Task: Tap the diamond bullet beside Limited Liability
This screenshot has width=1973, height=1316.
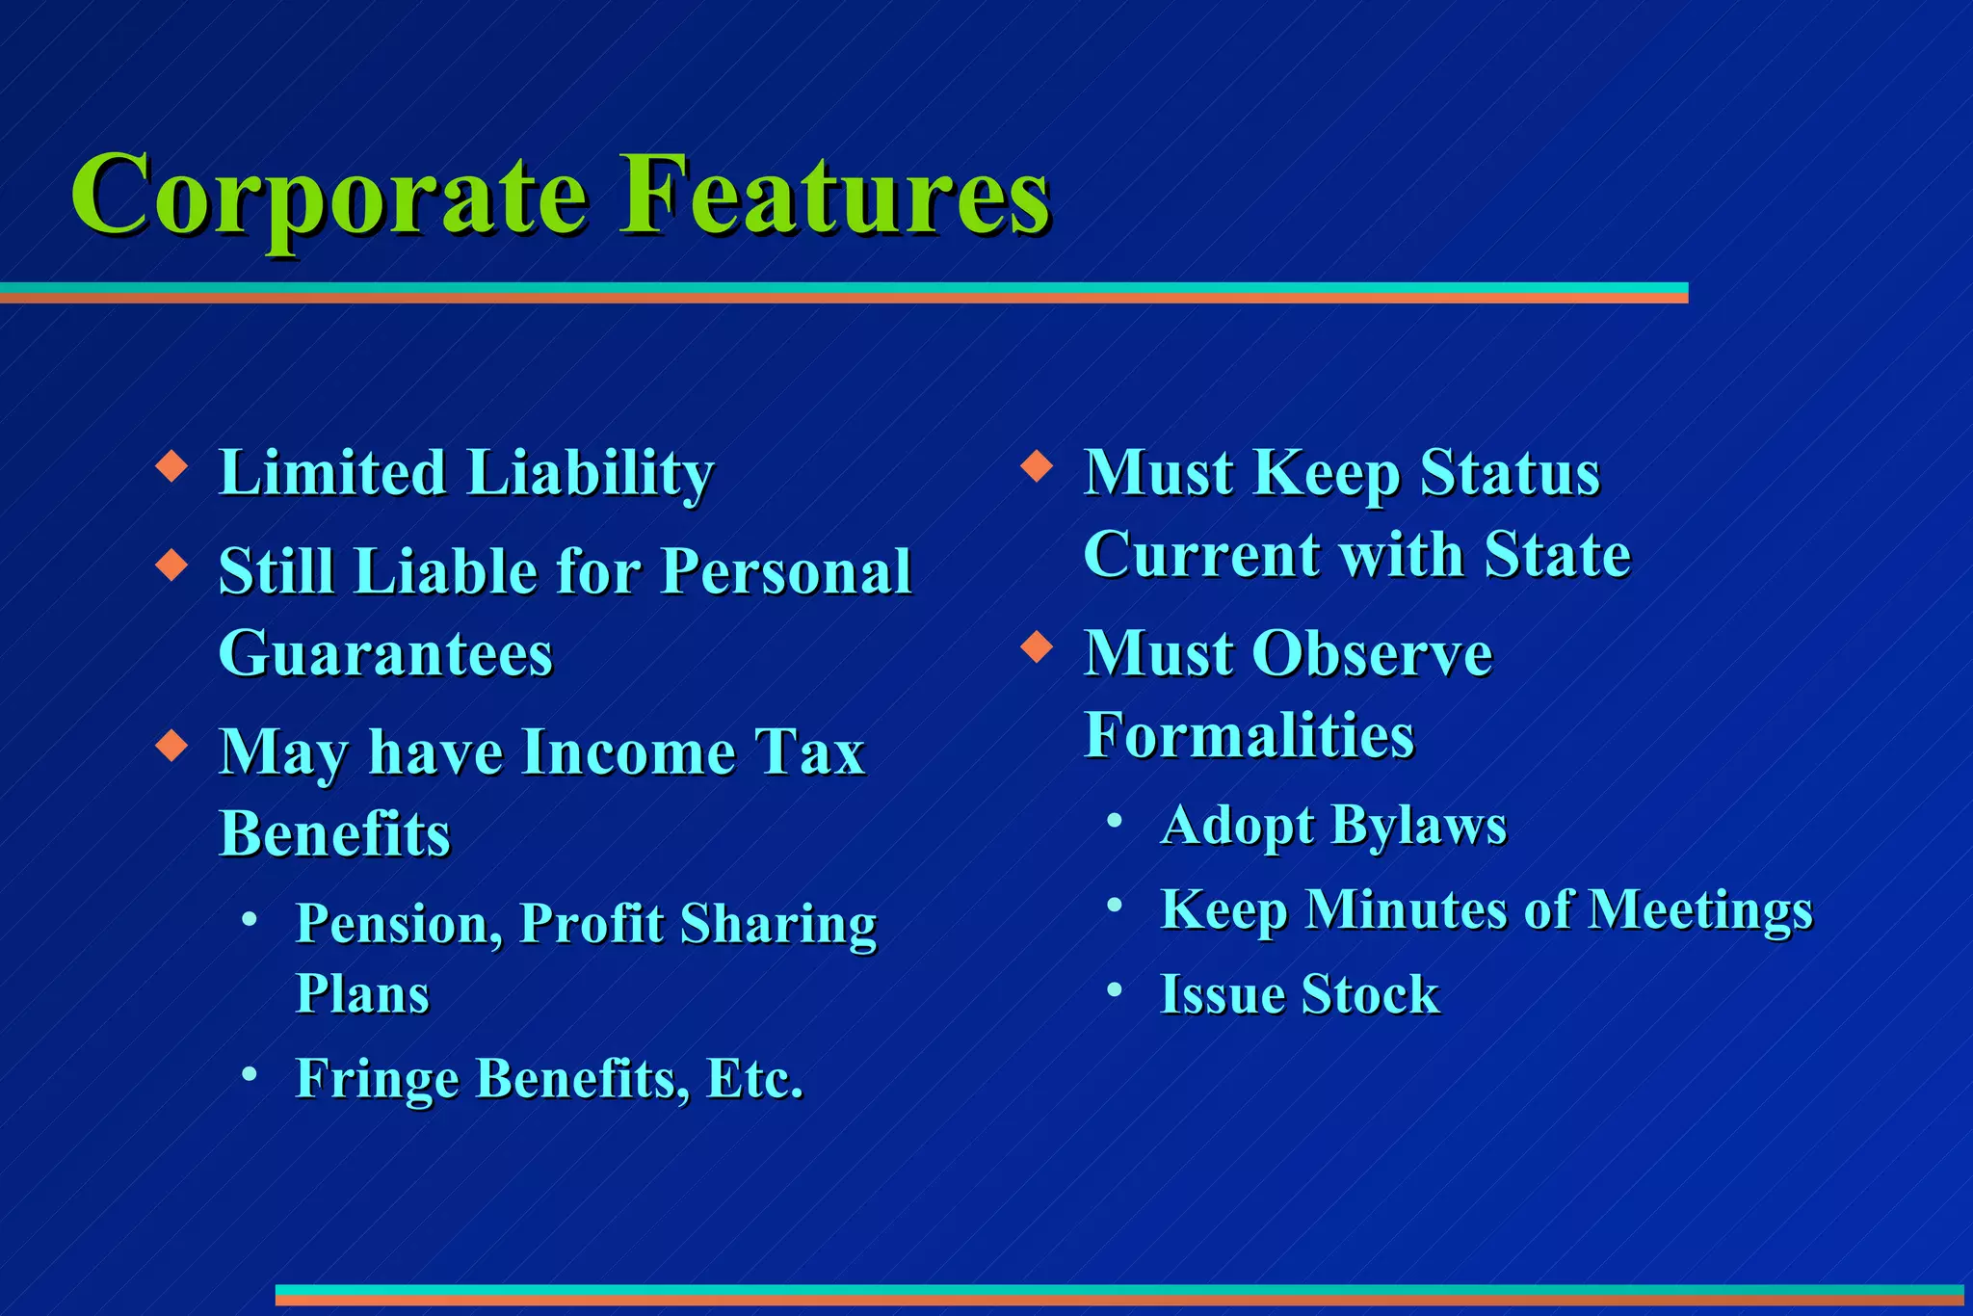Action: coord(171,466)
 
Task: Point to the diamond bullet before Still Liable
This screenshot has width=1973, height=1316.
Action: coord(171,565)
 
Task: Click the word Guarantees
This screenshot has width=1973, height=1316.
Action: coord(385,654)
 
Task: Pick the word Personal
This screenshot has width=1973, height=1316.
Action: coord(786,571)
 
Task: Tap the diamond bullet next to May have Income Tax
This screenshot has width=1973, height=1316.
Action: coord(171,746)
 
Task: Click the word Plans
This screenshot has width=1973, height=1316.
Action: coord(361,994)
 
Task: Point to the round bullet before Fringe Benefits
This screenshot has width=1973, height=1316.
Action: coord(250,1072)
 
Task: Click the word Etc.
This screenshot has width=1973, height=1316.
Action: coord(754,1078)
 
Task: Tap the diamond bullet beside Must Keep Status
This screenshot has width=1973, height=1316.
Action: coord(1037,466)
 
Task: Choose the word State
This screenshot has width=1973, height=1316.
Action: coord(1557,555)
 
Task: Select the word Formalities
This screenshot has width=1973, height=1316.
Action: coord(1249,736)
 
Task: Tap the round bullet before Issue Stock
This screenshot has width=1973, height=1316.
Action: coord(1115,989)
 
